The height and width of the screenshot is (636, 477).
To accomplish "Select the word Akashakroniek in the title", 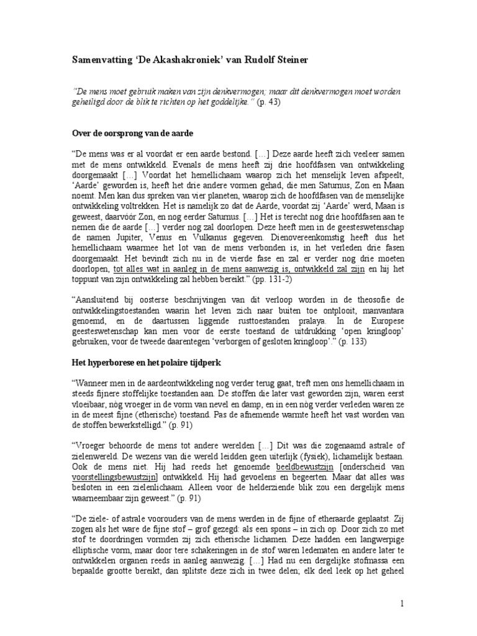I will pos(180,61).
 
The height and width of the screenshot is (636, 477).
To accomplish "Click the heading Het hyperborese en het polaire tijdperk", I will pos(148,360).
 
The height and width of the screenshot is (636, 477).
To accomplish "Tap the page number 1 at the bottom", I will pos(403,603).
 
